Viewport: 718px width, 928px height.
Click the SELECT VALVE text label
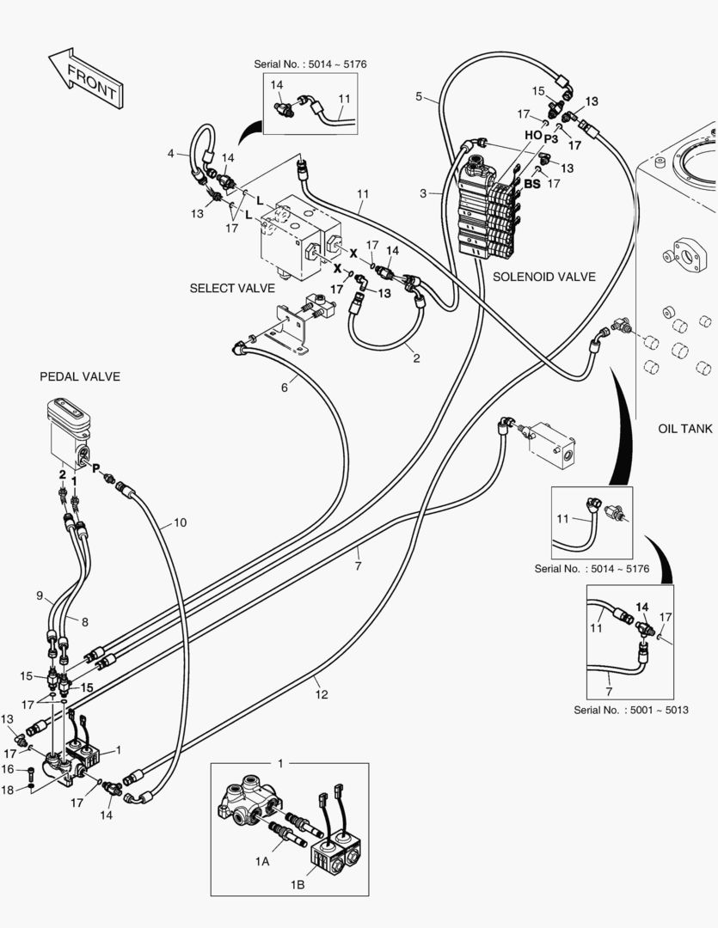232,288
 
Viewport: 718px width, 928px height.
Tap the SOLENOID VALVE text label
544,277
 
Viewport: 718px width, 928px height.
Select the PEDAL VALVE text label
80,376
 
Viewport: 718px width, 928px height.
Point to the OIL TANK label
685,429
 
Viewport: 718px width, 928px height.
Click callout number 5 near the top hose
419,96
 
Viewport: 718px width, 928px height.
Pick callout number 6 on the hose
284,388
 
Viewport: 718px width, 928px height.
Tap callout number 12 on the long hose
321,693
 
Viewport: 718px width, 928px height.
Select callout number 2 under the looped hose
416,357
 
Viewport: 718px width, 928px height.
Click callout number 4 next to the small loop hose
171,154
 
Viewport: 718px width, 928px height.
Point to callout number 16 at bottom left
8,769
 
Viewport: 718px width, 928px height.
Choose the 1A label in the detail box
262,860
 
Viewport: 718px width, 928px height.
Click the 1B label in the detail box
298,883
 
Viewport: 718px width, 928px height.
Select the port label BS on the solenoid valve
532,184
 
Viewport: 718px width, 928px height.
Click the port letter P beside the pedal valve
96,469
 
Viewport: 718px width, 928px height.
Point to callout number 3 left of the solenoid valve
423,194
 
